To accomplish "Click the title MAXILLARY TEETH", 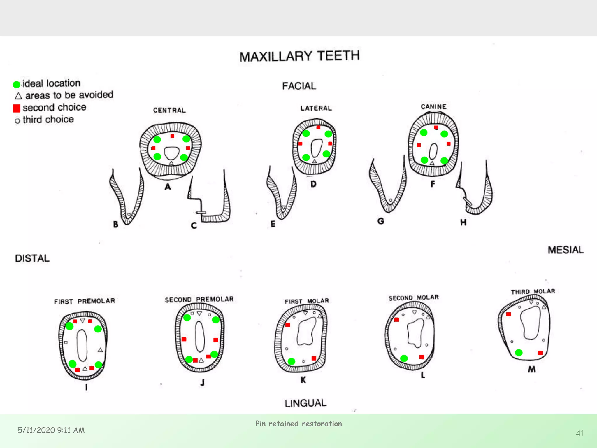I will click(299, 56).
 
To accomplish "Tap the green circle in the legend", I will click(17, 84).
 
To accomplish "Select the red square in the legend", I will click(17, 108).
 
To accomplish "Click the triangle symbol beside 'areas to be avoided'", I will click(18, 96).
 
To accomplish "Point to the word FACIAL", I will click(299, 86).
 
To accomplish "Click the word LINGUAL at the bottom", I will click(305, 403).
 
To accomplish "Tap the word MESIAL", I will click(566, 250).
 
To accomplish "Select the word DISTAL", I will click(32, 258).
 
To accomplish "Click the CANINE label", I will click(433, 107).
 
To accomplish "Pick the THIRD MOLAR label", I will click(533, 292).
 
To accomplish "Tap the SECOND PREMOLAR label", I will click(199, 300).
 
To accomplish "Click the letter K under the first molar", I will click(303, 380).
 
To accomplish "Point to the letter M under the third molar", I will click(532, 369).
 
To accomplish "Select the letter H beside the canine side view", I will click(463, 223).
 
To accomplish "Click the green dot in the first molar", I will click(292, 361).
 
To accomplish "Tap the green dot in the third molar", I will click(519, 353).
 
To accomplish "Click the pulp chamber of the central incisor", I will click(171, 153).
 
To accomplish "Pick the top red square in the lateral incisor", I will click(318, 127).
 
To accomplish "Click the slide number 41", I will click(580, 433).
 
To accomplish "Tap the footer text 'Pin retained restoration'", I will click(298, 423).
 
